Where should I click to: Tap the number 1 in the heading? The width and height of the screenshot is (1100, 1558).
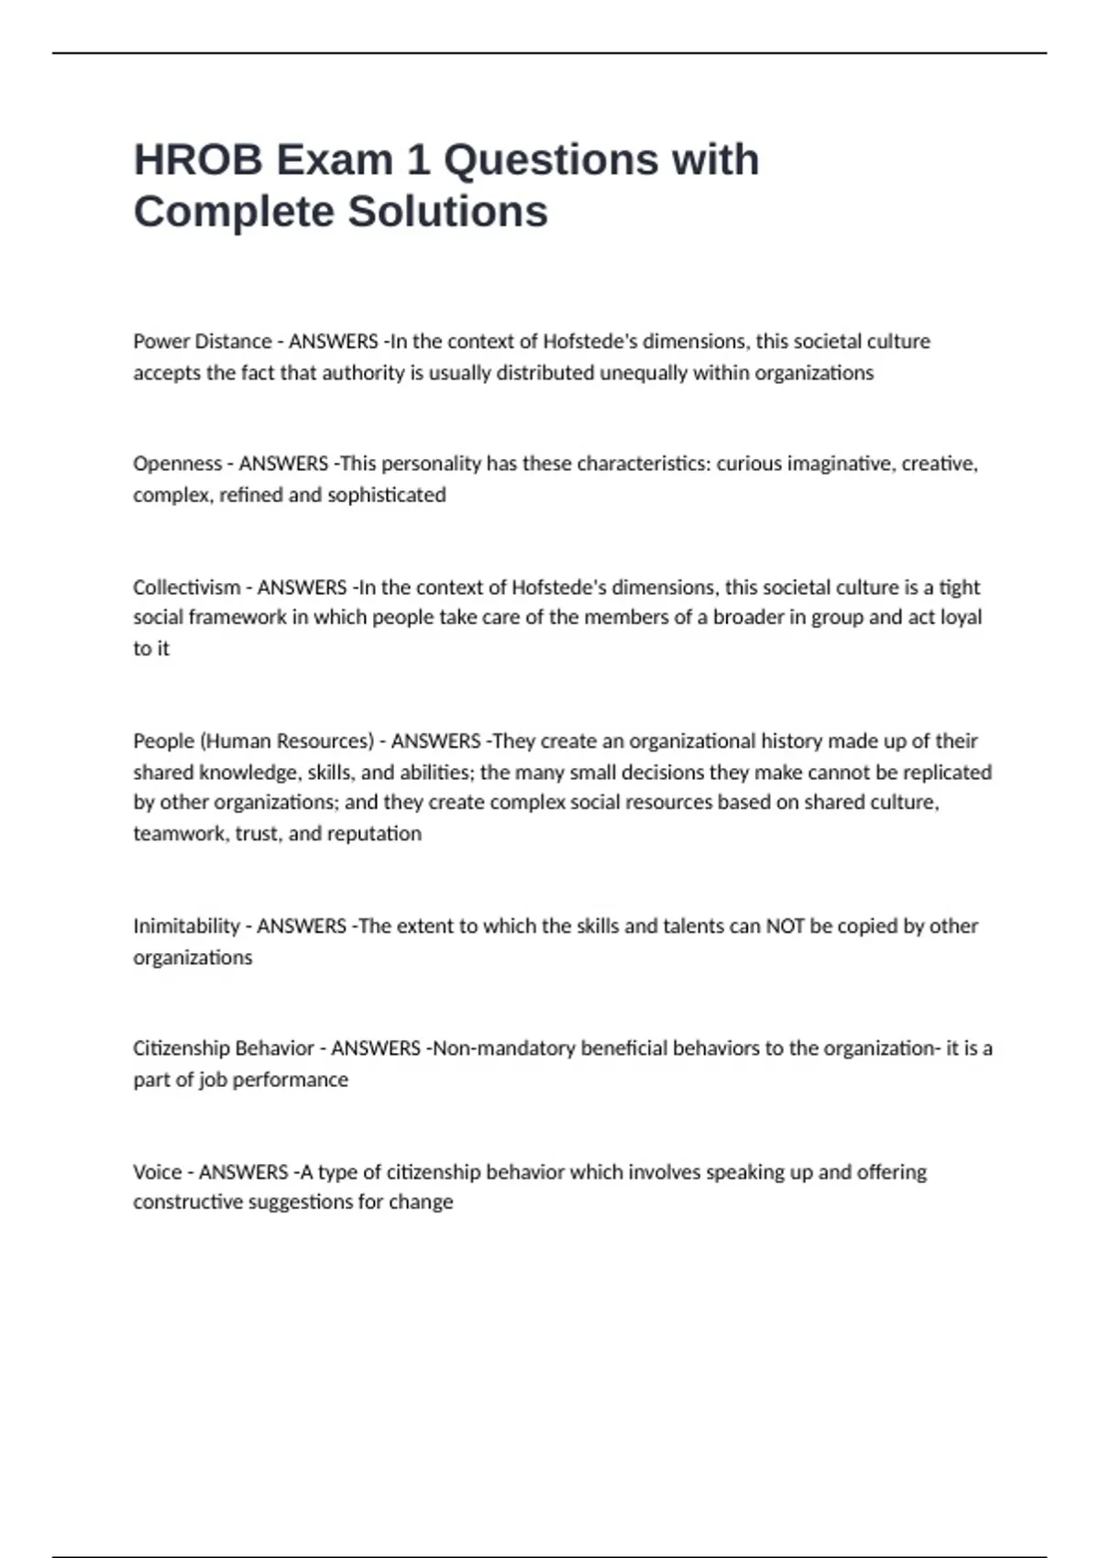point(417,160)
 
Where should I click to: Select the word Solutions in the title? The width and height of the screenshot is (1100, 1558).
point(447,212)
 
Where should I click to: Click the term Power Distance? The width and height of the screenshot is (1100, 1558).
point(202,342)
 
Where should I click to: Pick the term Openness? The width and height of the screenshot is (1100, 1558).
point(177,464)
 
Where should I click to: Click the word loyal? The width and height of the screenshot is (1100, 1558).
point(961,618)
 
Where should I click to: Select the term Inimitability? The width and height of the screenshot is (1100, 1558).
point(186,927)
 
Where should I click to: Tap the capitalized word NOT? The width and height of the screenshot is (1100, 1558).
point(785,927)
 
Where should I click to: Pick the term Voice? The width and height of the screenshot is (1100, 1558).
point(157,1172)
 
